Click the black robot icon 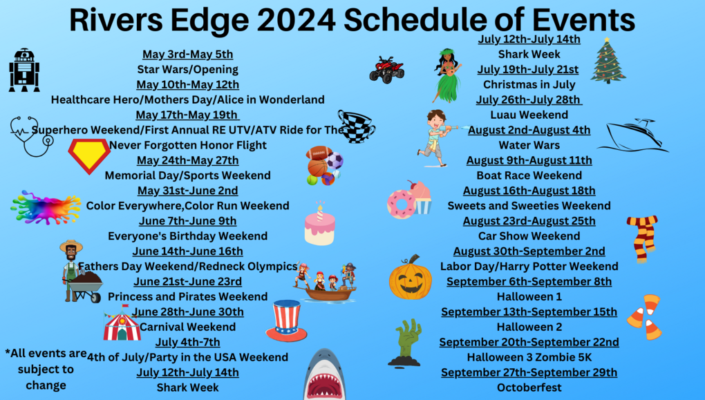click(x=24, y=70)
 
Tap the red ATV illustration click(x=386, y=70)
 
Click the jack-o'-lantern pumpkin click(x=410, y=278)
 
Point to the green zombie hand click(x=407, y=343)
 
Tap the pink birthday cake click(x=320, y=225)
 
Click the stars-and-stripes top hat click(x=286, y=321)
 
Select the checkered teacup click(x=356, y=126)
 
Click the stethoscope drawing click(x=32, y=136)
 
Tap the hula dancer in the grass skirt click(x=447, y=75)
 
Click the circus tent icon click(x=122, y=323)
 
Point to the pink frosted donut click(x=402, y=204)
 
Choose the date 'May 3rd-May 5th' click(x=187, y=55)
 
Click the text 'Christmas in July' click(x=529, y=84)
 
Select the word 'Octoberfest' click(x=529, y=388)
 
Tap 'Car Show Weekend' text click(x=529, y=236)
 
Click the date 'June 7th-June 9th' click(x=187, y=221)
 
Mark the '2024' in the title click(x=294, y=20)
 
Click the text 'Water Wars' click(x=529, y=145)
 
